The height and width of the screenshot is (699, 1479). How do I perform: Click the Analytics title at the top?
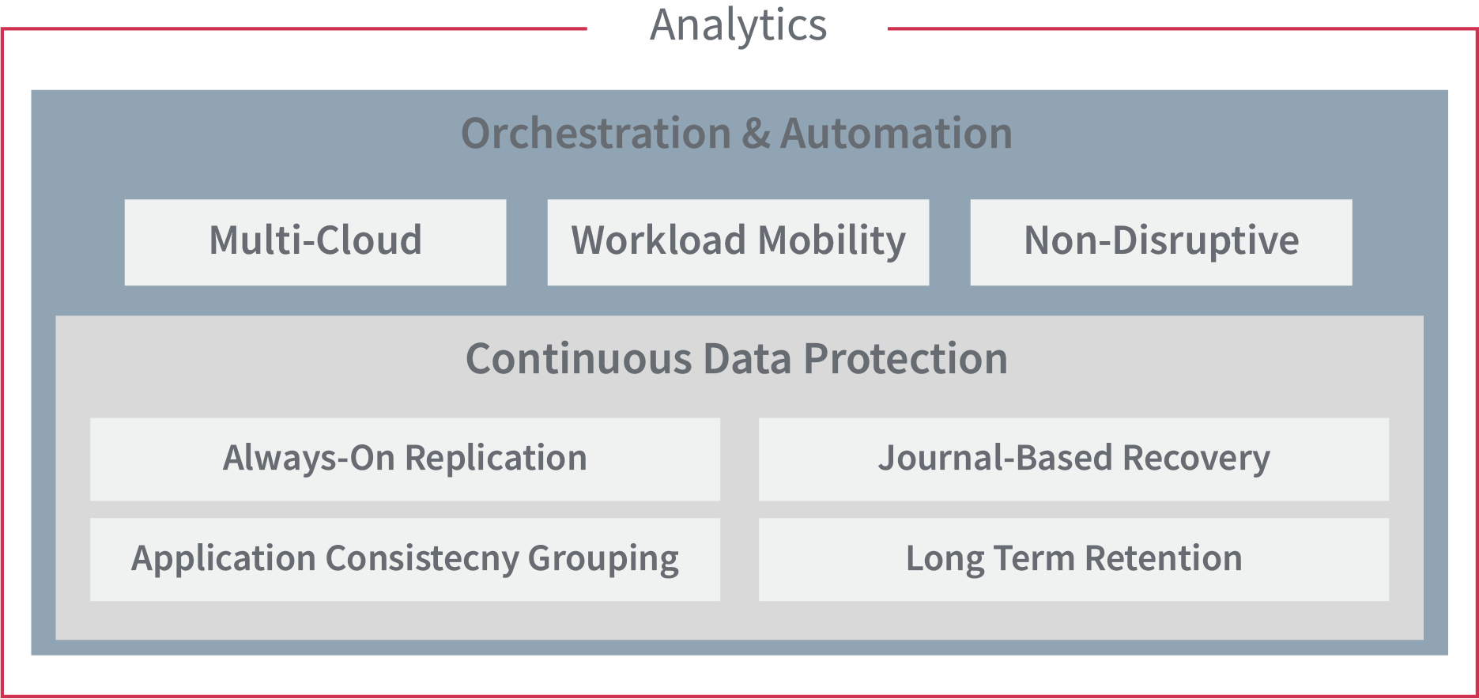coord(738,25)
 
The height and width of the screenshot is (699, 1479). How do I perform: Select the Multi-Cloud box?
coord(315,242)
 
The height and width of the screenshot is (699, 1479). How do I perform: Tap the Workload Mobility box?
coord(738,242)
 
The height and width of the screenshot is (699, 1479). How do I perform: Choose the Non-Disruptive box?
coord(1161,242)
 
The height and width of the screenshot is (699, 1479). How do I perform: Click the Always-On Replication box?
coord(405,459)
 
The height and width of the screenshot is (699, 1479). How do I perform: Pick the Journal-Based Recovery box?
coord(1073,459)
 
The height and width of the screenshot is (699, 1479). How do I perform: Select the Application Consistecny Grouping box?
coord(405,560)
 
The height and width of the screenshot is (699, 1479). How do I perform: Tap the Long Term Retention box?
coord(1073,560)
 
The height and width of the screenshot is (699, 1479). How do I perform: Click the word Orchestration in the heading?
coord(596,133)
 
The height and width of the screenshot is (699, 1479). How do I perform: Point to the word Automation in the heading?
coord(896,133)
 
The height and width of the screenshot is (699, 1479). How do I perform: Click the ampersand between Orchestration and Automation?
coord(756,133)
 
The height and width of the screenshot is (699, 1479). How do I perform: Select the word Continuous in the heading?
coord(579,359)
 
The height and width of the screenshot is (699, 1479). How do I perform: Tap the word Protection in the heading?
coord(906,359)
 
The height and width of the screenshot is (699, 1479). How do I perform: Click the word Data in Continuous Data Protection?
coord(748,359)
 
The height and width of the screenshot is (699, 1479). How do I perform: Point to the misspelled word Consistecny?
coord(422,560)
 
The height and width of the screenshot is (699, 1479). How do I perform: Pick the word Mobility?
coord(832,241)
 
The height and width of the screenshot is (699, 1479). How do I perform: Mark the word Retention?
coord(1164,558)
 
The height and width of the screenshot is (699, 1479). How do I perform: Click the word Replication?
coord(496,459)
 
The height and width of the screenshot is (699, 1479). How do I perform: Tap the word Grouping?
coord(603,560)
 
